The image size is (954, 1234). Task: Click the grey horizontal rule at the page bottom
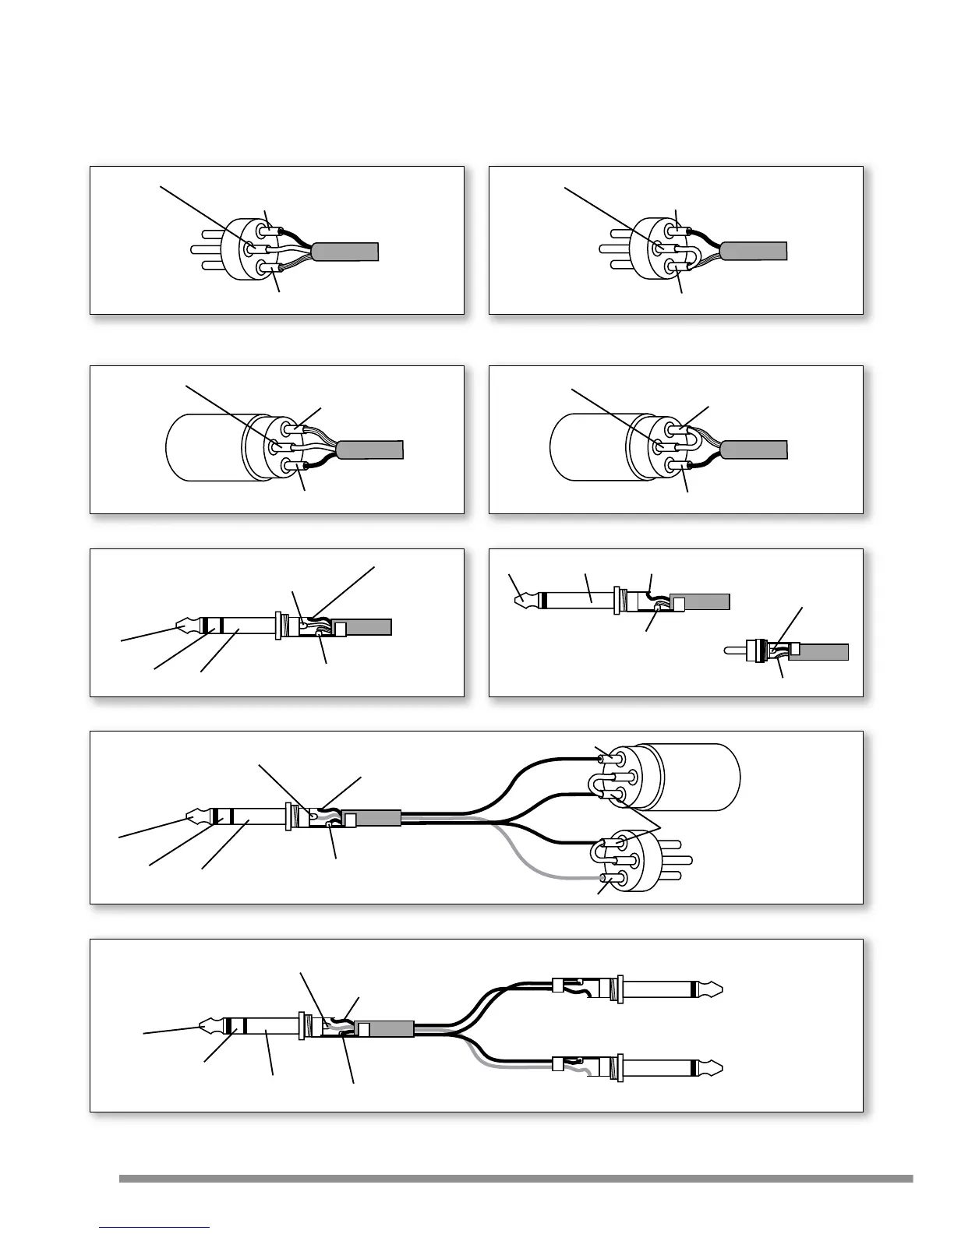pyautogui.click(x=515, y=1179)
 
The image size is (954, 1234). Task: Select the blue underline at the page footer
pyautogui.click(x=155, y=1227)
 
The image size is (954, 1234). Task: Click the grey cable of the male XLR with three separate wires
pyautogui.click(x=346, y=252)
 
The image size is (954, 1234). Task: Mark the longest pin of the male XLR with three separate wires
pyautogui.click(x=203, y=250)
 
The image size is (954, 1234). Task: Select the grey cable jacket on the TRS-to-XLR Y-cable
pyautogui.click(x=379, y=818)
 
